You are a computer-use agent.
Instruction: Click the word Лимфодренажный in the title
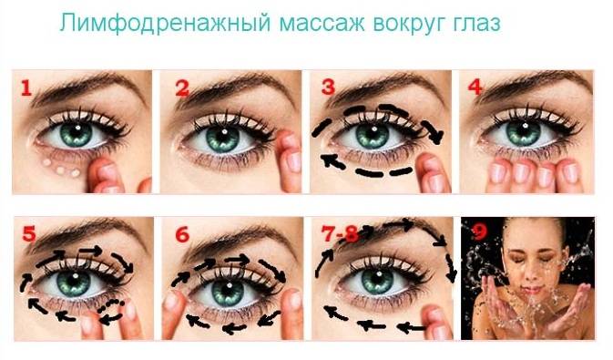pos(165,24)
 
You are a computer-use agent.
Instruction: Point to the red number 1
pos(26,88)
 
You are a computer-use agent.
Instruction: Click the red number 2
pos(182,88)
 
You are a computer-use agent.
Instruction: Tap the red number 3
pos(328,87)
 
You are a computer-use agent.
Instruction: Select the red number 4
pos(475,87)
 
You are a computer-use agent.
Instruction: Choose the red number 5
pos(29,233)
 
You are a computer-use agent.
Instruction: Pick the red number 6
pos(182,235)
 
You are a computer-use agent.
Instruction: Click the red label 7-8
pos(340,234)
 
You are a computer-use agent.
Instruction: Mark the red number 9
pos(480,232)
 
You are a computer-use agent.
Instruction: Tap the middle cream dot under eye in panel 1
pos(61,170)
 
